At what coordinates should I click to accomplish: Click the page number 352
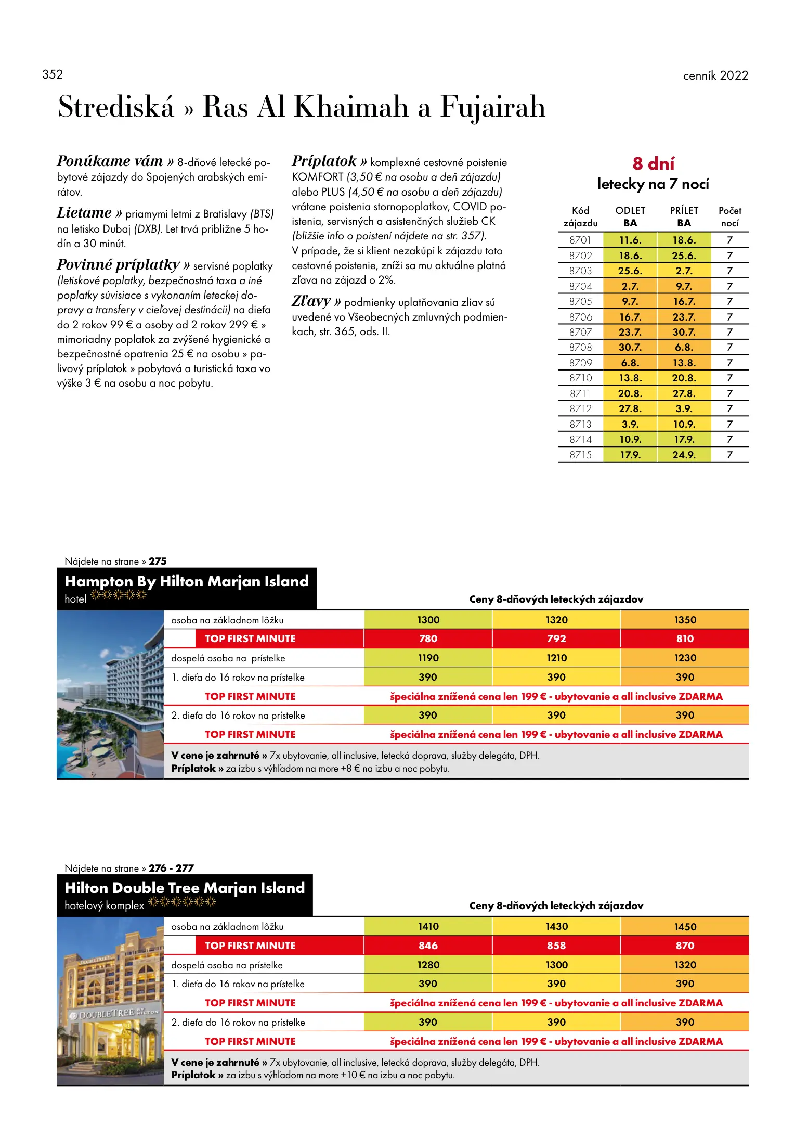[53, 74]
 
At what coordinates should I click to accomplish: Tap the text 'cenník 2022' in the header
[715, 75]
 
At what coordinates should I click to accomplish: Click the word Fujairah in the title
[492, 107]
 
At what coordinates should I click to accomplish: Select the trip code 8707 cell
[580, 332]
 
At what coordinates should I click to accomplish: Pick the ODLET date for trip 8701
[630, 240]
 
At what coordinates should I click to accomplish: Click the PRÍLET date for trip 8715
[684, 455]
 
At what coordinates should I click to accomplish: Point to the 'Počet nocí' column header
[729, 217]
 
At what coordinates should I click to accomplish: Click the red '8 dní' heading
[653, 163]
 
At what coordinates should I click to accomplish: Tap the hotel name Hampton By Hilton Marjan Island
[186, 581]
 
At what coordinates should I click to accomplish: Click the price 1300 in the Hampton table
[428, 620]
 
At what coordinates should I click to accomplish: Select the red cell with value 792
[556, 638]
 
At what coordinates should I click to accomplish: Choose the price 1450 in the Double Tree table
[685, 927]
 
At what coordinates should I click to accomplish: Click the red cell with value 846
[428, 946]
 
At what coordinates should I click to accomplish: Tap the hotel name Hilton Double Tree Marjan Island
[185, 888]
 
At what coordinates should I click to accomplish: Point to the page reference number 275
[158, 561]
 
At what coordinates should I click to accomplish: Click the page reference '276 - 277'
[171, 868]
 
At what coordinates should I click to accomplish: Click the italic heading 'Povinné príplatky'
[118, 265]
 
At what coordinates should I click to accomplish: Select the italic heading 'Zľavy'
[311, 301]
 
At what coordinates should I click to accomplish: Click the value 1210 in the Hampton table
[556, 658]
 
